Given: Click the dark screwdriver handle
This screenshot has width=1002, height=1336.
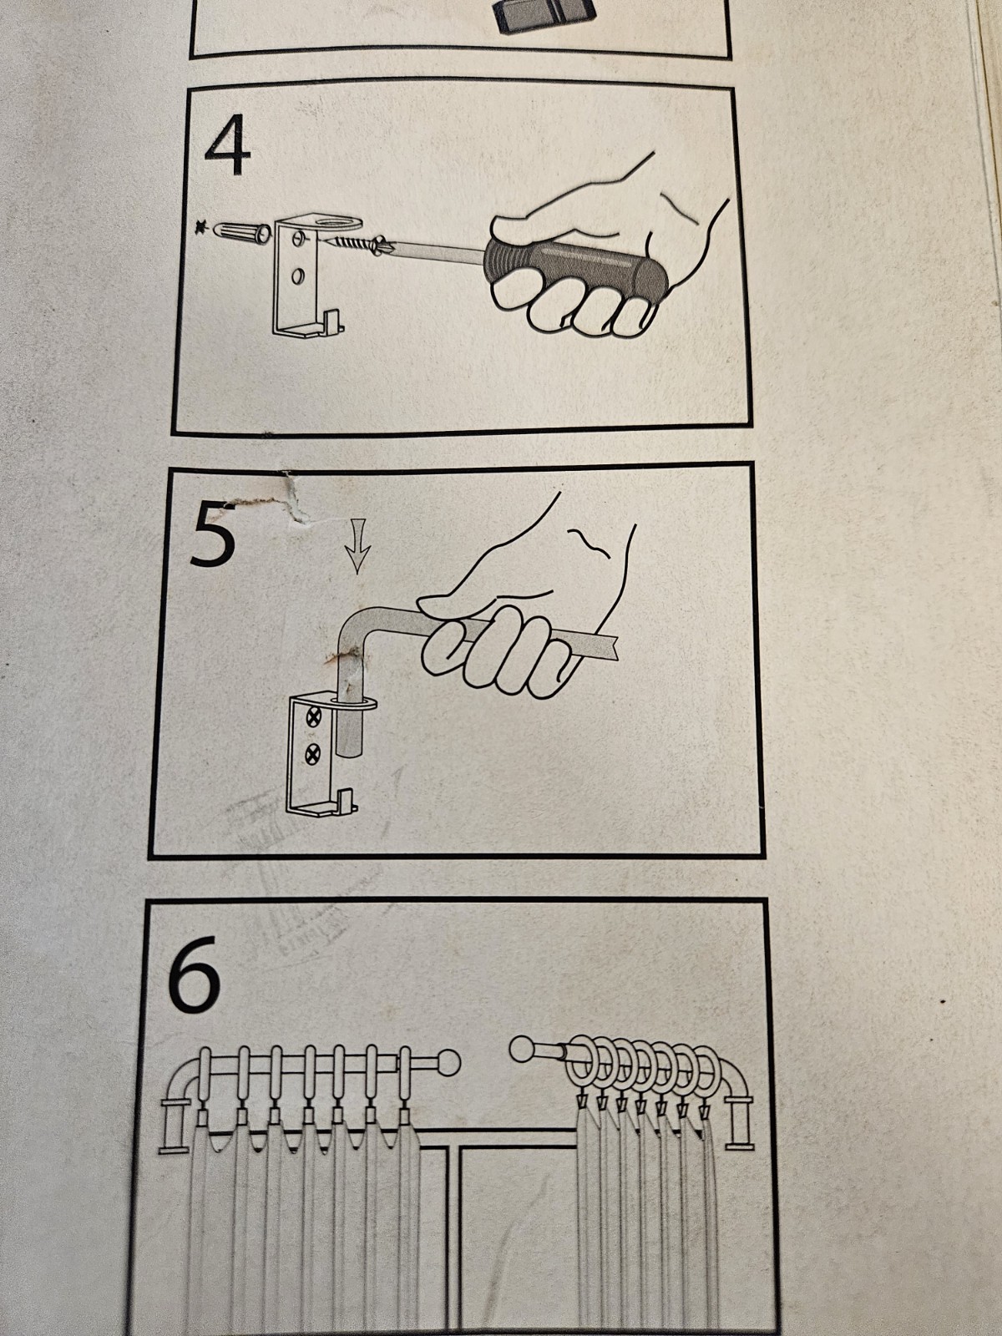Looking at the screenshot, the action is click(x=575, y=264).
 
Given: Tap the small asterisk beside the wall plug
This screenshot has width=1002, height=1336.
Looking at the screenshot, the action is click(x=201, y=229).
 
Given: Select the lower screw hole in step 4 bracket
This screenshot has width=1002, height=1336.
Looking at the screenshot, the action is click(x=298, y=276).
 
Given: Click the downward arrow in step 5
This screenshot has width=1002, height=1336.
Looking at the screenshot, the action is click(x=357, y=545).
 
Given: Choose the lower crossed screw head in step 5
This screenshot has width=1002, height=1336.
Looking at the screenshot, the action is click(x=313, y=755).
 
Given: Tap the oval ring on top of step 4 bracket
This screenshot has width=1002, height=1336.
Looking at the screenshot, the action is click(x=335, y=220).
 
